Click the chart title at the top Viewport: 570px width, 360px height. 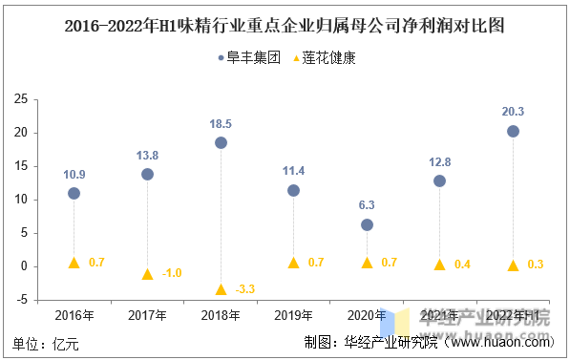285,26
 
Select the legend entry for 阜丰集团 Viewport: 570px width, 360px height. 247,57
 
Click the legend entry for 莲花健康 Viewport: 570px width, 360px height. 322,57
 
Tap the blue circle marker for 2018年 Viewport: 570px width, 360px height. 221,142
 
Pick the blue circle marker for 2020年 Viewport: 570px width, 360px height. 367,224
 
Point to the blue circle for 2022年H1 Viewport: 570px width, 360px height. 513,131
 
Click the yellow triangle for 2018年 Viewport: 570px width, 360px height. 221,289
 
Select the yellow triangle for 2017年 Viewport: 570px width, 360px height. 147,274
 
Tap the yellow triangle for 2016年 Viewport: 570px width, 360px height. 74,263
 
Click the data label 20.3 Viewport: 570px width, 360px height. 513,112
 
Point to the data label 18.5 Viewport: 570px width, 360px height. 221,124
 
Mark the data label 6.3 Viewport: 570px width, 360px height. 367,205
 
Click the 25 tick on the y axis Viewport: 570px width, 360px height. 20,99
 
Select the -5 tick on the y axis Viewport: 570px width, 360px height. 20,300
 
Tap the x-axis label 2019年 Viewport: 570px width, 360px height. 293,316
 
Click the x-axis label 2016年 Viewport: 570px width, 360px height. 74,316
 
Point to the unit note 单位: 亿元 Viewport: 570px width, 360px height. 46,343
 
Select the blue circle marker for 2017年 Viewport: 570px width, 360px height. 147,174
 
